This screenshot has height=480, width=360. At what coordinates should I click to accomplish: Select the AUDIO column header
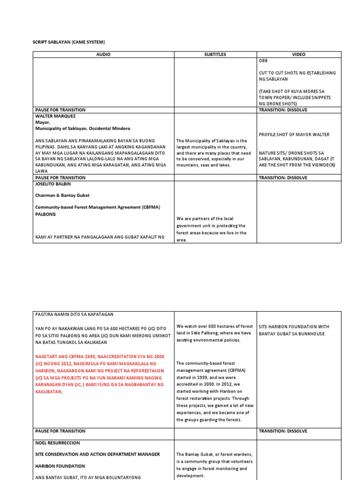coord(103,54)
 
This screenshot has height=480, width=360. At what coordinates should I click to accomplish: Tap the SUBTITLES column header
coord(215,54)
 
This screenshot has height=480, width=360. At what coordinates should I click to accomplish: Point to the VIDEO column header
coord(299,54)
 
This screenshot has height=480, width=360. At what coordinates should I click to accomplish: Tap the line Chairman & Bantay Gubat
coord(61,195)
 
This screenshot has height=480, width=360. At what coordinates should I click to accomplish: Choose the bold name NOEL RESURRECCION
coord(58,442)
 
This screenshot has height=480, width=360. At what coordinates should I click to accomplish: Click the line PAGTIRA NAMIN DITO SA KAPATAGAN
coord(74,314)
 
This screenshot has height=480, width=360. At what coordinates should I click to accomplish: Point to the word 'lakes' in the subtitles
coord(222,165)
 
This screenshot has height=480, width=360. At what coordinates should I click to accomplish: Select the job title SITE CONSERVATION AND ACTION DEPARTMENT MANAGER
coord(97,454)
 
